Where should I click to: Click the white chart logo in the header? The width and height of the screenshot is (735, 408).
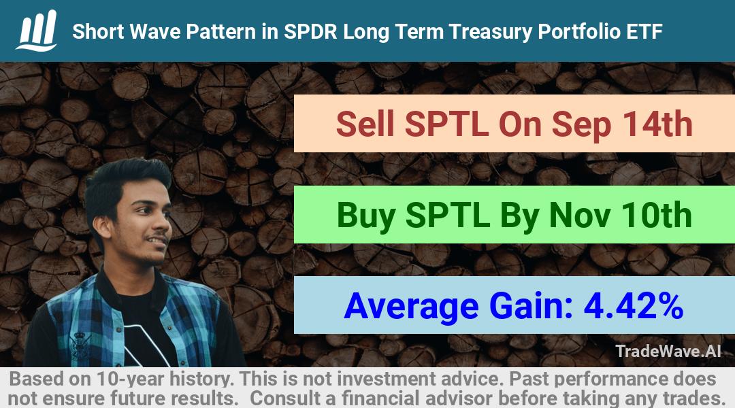tap(37, 31)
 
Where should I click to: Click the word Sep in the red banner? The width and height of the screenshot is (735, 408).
tap(581, 126)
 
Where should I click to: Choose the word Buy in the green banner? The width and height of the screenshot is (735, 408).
tap(365, 216)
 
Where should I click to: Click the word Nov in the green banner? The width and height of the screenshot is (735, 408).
tap(579, 216)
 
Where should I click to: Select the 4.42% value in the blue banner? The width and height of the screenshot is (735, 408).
tap(634, 306)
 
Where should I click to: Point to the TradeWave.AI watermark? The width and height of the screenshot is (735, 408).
tap(668, 352)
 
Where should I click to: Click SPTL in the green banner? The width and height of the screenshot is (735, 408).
tap(448, 216)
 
